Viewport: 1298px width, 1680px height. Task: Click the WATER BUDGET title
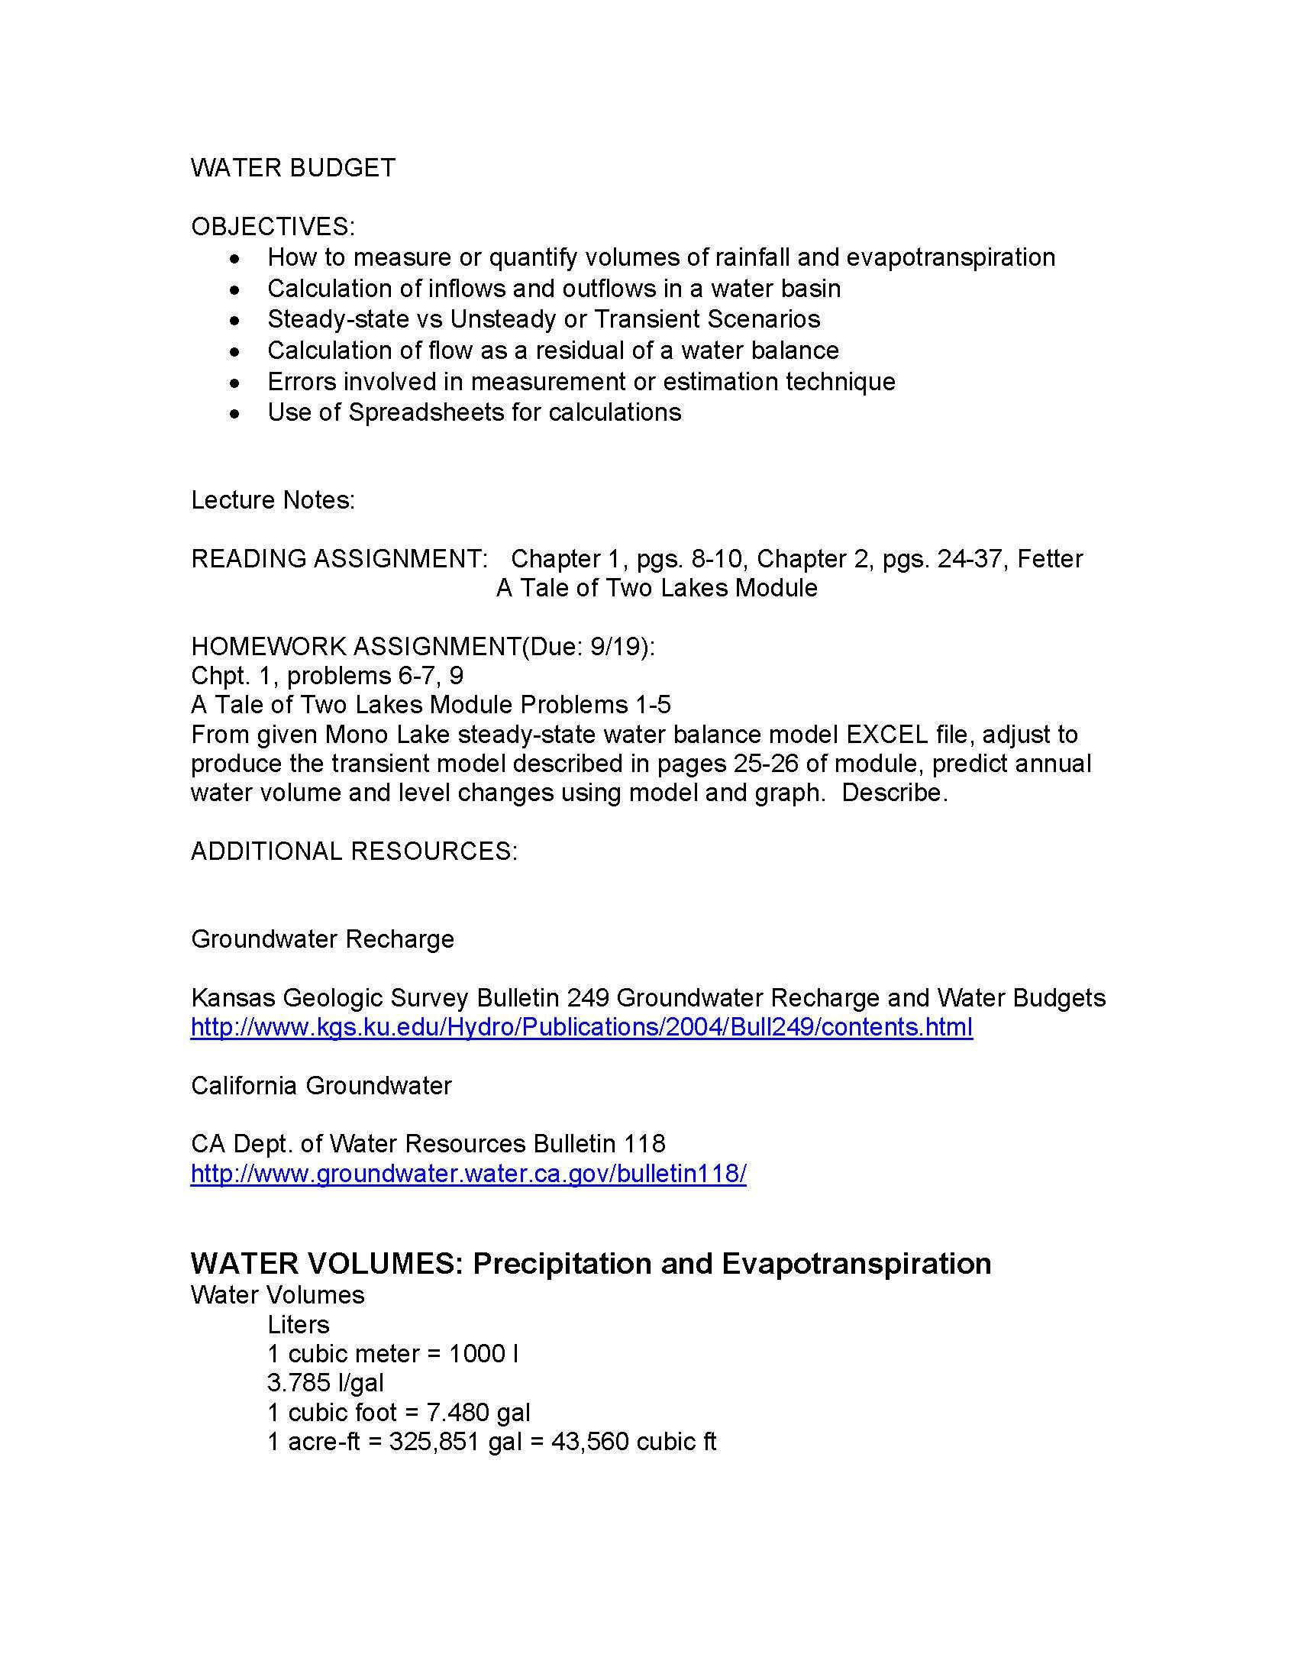coord(293,168)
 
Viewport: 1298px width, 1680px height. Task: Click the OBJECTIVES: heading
coord(273,227)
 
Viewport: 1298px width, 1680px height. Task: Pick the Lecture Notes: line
coord(273,500)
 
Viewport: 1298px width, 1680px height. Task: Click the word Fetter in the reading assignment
coord(1050,558)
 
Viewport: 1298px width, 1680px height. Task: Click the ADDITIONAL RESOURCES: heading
coord(354,851)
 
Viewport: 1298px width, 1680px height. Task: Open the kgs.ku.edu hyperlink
coord(581,1028)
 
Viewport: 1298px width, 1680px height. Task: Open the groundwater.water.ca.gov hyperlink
coord(468,1174)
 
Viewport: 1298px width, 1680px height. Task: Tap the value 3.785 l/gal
coord(325,1383)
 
